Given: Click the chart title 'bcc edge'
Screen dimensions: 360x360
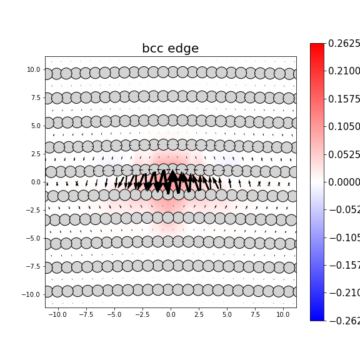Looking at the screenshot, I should coord(170,49).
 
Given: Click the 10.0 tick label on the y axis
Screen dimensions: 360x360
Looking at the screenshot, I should coord(34,69).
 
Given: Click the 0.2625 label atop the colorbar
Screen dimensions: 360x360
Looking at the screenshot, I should coord(344,44).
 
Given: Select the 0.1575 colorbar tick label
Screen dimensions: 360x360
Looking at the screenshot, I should coord(344,99).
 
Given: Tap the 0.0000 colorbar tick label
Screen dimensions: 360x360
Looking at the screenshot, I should coord(344,182).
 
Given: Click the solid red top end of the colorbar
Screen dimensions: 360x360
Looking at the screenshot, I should coord(317,46).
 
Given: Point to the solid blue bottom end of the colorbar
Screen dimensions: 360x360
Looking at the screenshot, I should coord(317,317).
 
